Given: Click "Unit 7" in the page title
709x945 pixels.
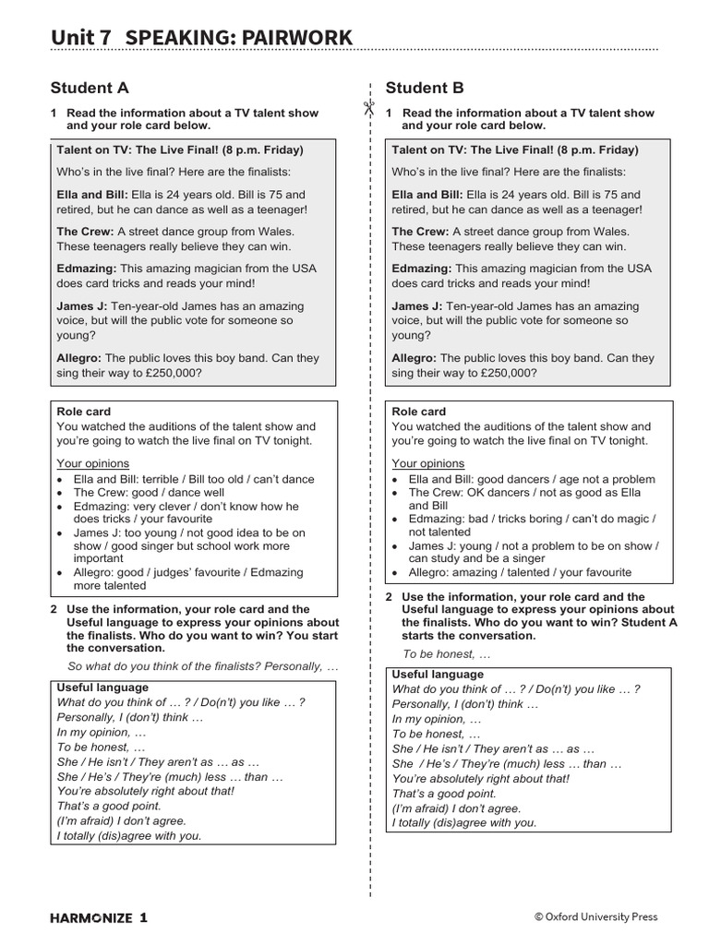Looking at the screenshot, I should point(81,37).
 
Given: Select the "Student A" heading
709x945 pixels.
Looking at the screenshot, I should point(90,89).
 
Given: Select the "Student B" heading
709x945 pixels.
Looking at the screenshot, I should point(425,89).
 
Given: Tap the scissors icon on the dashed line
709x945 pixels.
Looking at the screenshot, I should point(368,110).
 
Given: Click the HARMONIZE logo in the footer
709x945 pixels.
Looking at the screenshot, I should point(98,917).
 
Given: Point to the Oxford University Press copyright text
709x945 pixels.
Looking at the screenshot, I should point(595,917).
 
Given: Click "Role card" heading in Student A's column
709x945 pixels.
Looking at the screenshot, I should point(84,412).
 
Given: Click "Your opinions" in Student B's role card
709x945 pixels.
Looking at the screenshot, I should point(428,463).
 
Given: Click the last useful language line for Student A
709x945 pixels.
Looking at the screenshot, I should point(129,836).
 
